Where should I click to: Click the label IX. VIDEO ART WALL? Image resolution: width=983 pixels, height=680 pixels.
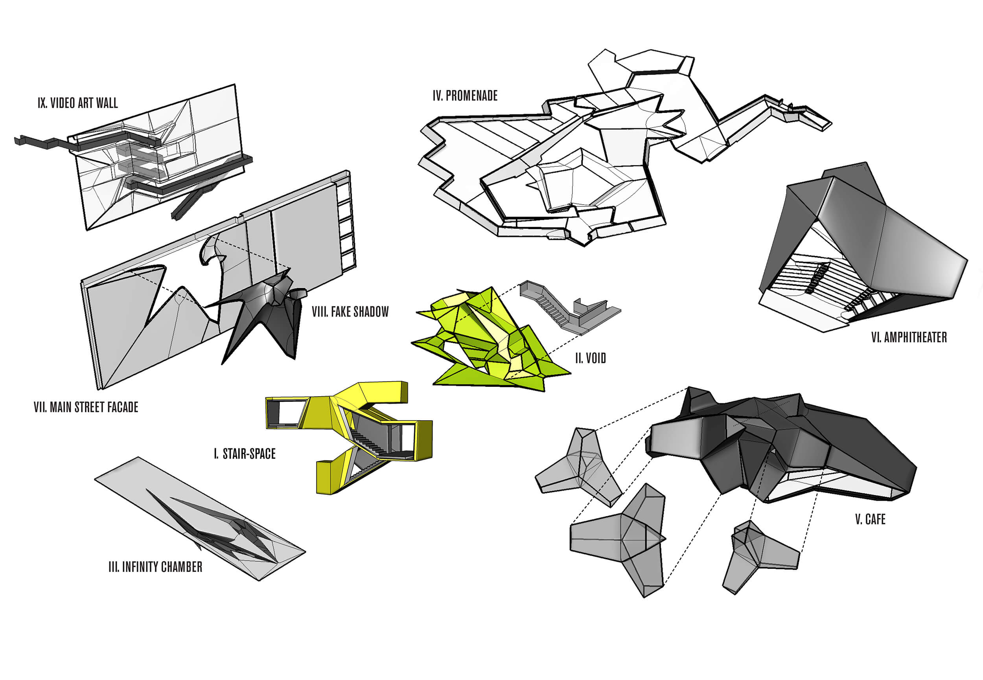click(77, 103)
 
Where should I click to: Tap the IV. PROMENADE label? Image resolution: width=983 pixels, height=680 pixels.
click(465, 96)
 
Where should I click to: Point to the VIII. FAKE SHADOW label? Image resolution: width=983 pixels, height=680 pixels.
click(350, 312)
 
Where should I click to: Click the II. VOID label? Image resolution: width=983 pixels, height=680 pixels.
click(590, 358)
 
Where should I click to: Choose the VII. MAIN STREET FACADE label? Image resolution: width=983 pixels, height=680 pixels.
click(86, 407)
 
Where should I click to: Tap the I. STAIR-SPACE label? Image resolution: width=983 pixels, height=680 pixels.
click(245, 454)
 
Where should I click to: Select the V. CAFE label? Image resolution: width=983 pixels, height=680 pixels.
click(870, 519)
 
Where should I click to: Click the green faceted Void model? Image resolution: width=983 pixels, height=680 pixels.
click(490, 341)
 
